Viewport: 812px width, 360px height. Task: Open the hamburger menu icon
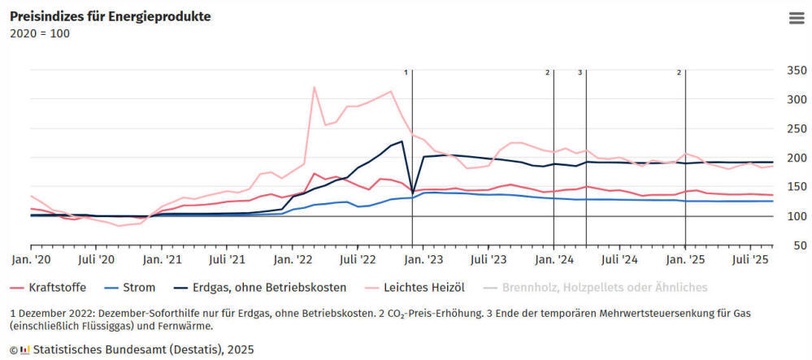(796, 20)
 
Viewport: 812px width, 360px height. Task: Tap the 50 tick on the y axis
(796, 245)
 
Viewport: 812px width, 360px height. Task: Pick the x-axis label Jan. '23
(423, 259)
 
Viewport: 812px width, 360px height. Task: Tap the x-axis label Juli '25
(750, 259)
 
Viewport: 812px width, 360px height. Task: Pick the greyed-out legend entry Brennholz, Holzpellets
(605, 287)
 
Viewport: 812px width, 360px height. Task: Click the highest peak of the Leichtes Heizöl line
(314, 87)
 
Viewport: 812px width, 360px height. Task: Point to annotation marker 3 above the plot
(580, 72)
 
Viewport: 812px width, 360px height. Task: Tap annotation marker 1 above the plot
(406, 72)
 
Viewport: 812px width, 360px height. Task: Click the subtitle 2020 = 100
(39, 33)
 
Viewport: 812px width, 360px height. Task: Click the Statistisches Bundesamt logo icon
(25, 349)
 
